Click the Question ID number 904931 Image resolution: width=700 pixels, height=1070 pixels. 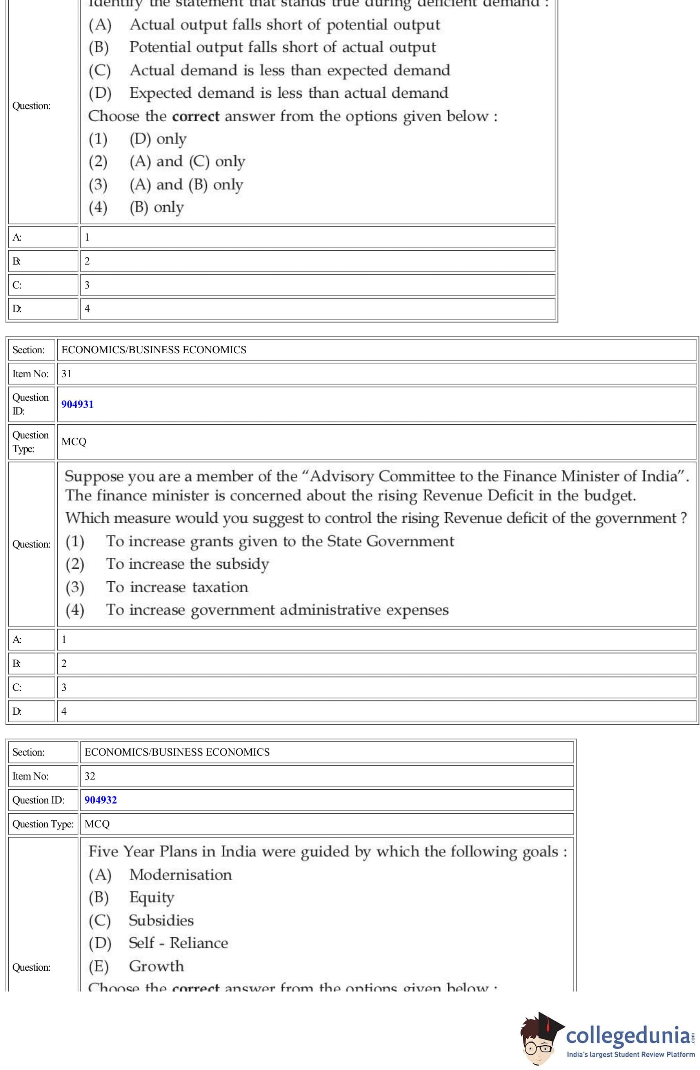(x=77, y=404)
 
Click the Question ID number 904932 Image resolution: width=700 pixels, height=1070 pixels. (x=101, y=800)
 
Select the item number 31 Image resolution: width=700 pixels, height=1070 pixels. (x=67, y=374)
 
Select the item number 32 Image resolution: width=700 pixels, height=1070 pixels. (x=90, y=776)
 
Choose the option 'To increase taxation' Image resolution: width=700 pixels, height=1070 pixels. (x=177, y=587)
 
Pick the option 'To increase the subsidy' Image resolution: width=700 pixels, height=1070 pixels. (x=187, y=564)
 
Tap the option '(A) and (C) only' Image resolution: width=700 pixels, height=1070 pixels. (x=187, y=161)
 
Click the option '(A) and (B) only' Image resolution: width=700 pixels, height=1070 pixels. (x=186, y=184)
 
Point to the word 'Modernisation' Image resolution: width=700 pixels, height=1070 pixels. (x=181, y=875)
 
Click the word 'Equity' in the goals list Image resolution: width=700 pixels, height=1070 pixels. (x=151, y=897)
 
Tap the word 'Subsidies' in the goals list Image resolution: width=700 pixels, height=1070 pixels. (x=161, y=920)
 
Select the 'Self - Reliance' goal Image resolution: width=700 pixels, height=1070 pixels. (x=178, y=943)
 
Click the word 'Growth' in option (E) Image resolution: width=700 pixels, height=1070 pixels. (x=156, y=966)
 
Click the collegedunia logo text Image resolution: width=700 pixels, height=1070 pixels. (x=628, y=1035)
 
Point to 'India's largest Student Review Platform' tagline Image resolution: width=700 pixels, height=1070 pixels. (x=630, y=1054)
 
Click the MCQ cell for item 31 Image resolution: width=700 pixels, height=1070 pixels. (x=74, y=442)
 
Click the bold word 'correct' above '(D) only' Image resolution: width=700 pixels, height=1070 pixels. (x=196, y=116)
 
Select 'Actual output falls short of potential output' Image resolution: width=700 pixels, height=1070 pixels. (x=285, y=25)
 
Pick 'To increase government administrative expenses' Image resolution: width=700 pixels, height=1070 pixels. (x=277, y=610)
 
